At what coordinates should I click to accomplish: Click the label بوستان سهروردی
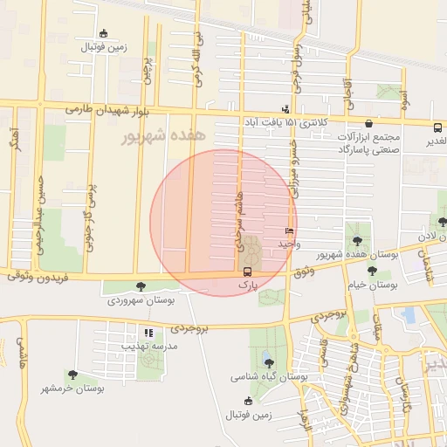[141, 299]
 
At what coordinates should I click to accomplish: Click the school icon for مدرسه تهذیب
[148, 333]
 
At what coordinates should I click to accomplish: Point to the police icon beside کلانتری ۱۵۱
[285, 109]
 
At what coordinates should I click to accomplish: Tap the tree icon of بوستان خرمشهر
[72, 375]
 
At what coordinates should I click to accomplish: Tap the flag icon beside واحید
[289, 231]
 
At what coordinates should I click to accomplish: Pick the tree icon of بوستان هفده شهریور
[356, 239]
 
